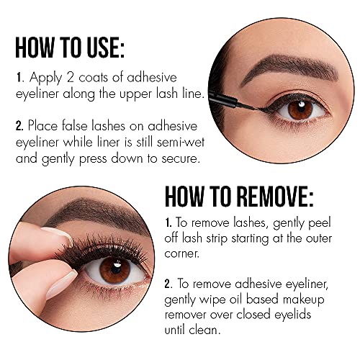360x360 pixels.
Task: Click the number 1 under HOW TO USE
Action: (x=17, y=76)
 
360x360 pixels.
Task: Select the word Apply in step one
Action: (x=42, y=76)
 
